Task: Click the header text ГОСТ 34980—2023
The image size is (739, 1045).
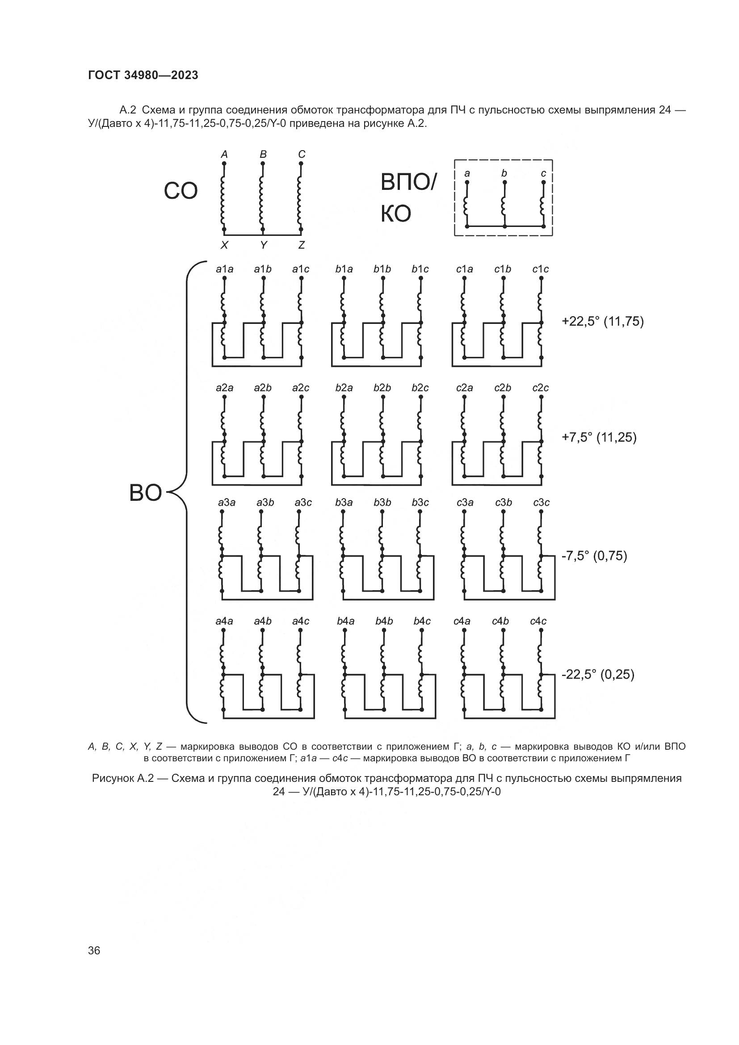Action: [x=143, y=76]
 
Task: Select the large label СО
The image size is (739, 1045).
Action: [x=181, y=192]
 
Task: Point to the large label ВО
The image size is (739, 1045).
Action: [x=145, y=493]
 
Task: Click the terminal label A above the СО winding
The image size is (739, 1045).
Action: [x=224, y=155]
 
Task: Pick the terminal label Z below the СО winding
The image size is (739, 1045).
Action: [x=301, y=245]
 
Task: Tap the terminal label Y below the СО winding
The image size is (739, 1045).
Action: [x=263, y=245]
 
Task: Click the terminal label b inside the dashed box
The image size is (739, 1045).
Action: [x=504, y=173]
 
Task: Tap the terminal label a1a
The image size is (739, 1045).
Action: [x=224, y=269]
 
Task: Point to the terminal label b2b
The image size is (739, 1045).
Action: [x=382, y=388]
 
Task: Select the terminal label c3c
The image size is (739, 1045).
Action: [x=542, y=503]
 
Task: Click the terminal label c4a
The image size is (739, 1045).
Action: [x=462, y=621]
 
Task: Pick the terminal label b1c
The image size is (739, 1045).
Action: [x=420, y=269]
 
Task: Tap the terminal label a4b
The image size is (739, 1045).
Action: [x=263, y=621]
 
